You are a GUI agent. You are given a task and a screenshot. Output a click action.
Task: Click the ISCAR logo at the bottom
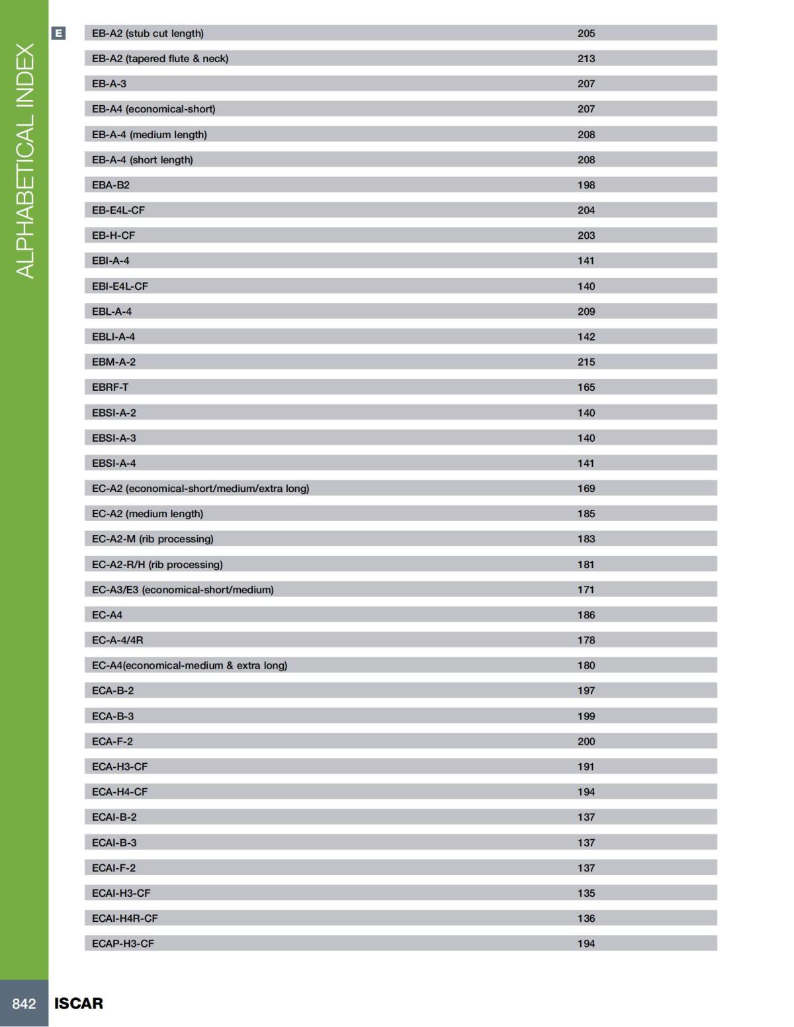(x=79, y=1003)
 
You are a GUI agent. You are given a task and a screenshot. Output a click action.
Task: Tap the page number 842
(x=24, y=1004)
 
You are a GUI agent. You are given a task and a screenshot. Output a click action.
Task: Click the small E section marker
(x=58, y=33)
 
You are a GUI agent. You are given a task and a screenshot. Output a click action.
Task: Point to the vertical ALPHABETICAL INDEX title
(x=24, y=161)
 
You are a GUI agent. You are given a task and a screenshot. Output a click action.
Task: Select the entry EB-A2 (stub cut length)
(x=148, y=33)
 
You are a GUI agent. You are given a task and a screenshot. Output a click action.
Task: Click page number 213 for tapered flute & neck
(x=586, y=59)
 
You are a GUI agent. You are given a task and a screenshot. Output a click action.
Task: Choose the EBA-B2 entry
(x=110, y=185)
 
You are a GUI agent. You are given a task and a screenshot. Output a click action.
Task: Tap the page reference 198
(x=586, y=185)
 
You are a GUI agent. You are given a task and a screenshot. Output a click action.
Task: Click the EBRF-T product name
(x=110, y=387)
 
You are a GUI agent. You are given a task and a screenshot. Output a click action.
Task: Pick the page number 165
(x=586, y=387)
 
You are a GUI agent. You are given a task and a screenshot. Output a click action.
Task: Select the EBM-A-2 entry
(x=114, y=362)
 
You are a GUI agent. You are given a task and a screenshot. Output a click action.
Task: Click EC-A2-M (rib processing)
(x=153, y=539)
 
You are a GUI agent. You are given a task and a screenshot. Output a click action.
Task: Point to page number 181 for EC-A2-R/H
(x=586, y=565)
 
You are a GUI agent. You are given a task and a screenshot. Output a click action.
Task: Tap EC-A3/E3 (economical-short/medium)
(x=183, y=590)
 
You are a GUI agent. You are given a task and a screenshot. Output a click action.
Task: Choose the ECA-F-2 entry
(x=112, y=741)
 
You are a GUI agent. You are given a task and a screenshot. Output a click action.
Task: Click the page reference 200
(x=586, y=741)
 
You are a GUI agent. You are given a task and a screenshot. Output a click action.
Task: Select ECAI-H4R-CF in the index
(x=124, y=918)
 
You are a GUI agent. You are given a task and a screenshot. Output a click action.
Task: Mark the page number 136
(x=586, y=918)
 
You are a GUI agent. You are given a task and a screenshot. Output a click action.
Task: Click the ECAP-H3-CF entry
(x=123, y=944)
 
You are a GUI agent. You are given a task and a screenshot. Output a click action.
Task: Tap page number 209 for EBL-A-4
(x=586, y=311)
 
